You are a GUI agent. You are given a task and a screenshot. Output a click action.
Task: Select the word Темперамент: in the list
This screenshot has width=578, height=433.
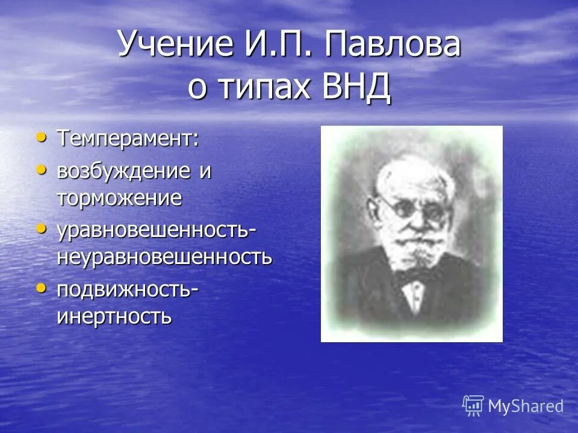(x=128, y=139)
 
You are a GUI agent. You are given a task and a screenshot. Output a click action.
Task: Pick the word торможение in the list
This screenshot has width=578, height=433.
(x=119, y=198)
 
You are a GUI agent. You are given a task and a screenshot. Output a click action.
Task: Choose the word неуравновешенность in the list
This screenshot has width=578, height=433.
(x=164, y=257)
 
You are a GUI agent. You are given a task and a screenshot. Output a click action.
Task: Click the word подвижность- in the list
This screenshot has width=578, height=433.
(x=128, y=289)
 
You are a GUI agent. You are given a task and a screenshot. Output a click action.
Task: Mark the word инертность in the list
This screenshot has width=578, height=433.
(x=114, y=316)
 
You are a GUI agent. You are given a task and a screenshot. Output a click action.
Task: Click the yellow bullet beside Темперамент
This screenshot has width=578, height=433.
(x=42, y=138)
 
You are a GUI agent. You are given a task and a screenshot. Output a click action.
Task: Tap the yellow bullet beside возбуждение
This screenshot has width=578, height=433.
(x=42, y=170)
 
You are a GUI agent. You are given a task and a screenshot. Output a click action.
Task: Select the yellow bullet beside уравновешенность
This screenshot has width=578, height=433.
(x=42, y=229)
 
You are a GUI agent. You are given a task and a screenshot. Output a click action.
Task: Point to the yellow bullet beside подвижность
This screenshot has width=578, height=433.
(x=42, y=289)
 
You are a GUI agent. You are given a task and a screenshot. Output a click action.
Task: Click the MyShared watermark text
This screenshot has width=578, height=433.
(x=526, y=406)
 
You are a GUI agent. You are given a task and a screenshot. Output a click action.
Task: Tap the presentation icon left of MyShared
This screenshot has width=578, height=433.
(x=473, y=406)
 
